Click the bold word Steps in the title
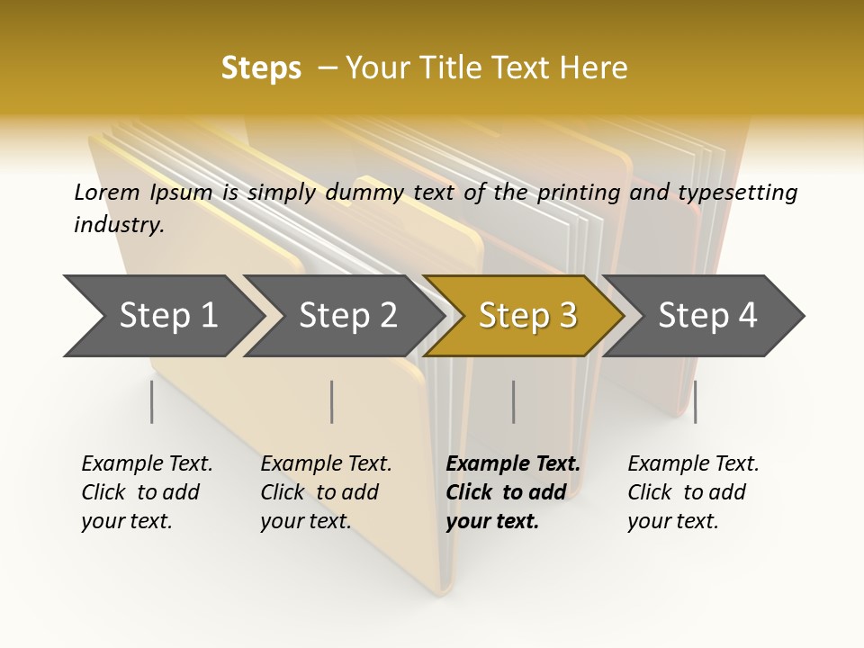click(x=261, y=68)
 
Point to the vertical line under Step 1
click(x=151, y=401)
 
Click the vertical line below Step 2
click(x=332, y=401)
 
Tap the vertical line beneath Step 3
click(x=513, y=401)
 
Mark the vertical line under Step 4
click(x=695, y=401)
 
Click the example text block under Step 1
click(x=147, y=492)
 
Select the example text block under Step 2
click(x=326, y=492)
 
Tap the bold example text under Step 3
click(x=513, y=492)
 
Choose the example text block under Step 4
click(x=693, y=492)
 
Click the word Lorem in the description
click(x=106, y=193)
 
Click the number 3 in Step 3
click(x=567, y=316)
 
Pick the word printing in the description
click(x=578, y=193)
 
